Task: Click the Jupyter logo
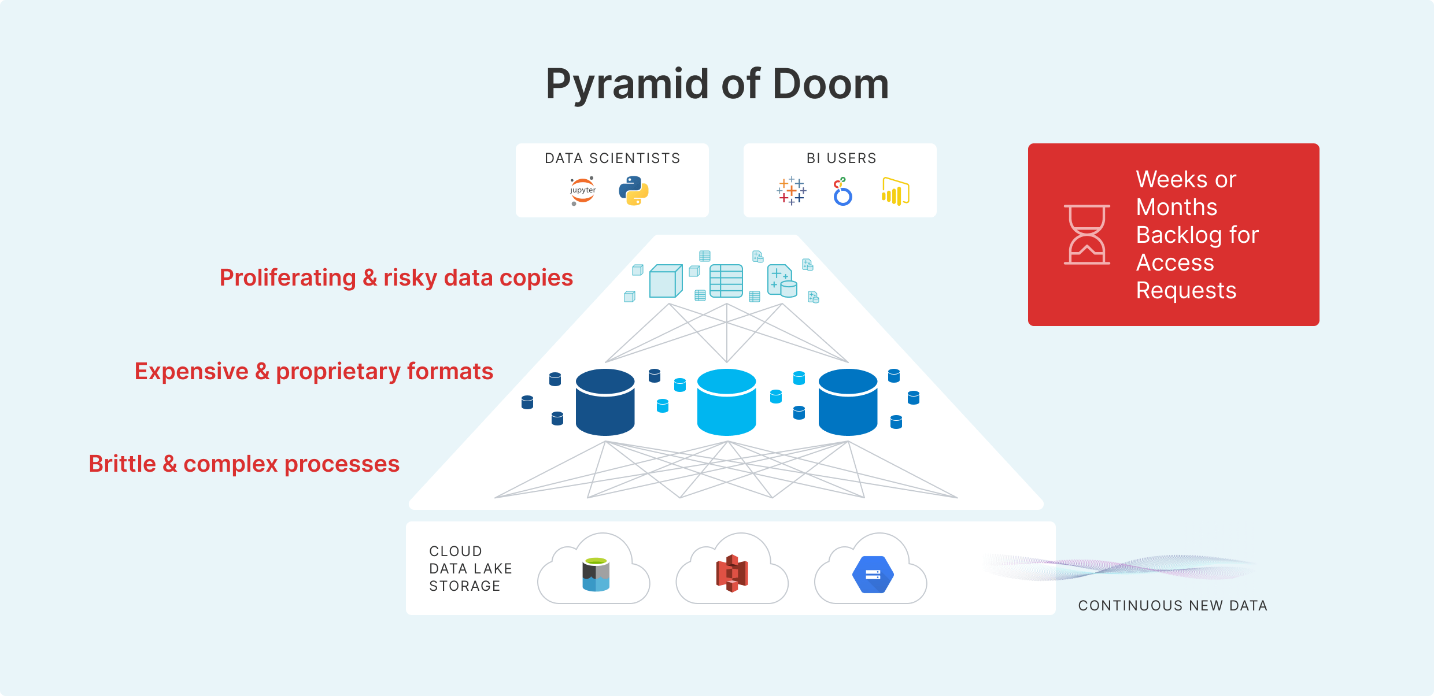tap(583, 191)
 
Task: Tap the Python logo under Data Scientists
tap(634, 191)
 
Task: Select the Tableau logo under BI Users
tap(792, 191)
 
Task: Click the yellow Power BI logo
tap(896, 191)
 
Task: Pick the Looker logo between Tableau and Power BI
tap(842, 192)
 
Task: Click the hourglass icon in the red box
tap(1087, 235)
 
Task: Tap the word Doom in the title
tap(830, 84)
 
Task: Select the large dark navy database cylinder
tap(605, 402)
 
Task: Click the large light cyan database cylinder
tap(727, 402)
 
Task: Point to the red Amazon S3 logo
tap(732, 573)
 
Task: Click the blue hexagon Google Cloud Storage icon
tap(873, 575)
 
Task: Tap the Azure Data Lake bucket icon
tap(596, 574)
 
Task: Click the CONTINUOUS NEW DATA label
tap(1173, 605)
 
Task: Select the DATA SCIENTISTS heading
tap(612, 158)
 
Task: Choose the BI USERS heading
tap(841, 158)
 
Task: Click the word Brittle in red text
tap(122, 464)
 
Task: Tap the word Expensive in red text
tap(191, 372)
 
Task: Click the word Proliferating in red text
tap(287, 278)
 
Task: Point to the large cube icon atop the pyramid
tap(666, 281)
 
